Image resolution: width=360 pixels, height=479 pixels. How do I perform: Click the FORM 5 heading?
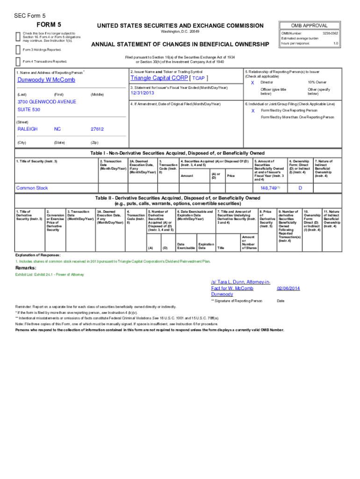[x=49, y=24]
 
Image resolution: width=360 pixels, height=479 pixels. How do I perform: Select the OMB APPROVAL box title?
[x=309, y=25]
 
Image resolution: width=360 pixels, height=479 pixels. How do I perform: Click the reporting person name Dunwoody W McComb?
[x=46, y=80]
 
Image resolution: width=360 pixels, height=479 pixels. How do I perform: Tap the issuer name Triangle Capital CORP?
[x=159, y=78]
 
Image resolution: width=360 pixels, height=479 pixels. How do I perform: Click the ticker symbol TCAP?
[x=199, y=78]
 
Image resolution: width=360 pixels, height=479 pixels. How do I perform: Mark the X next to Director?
[x=252, y=82]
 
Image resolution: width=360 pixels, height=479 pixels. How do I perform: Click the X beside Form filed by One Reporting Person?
[x=252, y=111]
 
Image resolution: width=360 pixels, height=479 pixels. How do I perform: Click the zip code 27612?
[x=97, y=129]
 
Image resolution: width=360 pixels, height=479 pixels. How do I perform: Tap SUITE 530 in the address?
[x=28, y=109]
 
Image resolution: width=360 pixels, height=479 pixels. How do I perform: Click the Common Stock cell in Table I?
[x=32, y=188]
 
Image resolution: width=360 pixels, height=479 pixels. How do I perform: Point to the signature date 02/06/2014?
[x=289, y=289]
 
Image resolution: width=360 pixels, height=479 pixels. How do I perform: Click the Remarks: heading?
[x=26, y=268]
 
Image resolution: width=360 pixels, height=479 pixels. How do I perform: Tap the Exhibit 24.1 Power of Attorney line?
[x=43, y=275]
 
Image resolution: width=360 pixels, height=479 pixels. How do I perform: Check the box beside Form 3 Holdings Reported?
[x=18, y=48]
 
